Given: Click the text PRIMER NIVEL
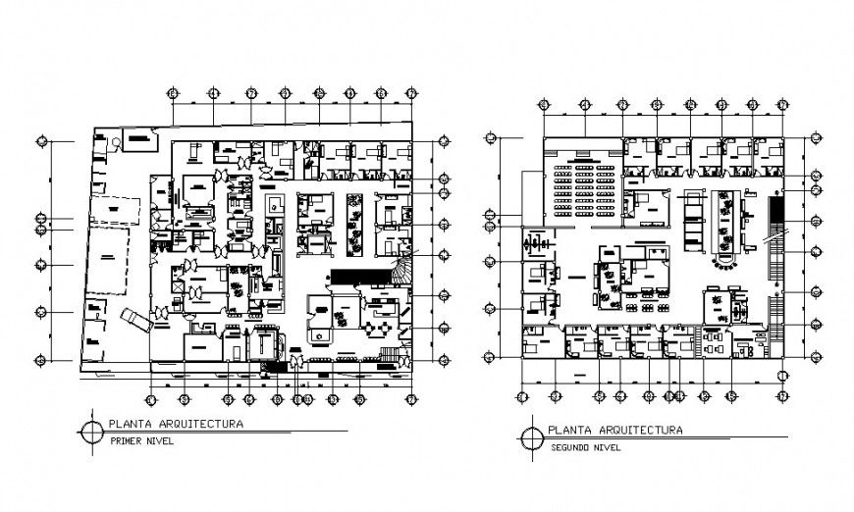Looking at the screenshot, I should click(x=136, y=441).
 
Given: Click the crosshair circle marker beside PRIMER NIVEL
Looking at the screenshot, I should click(x=91, y=432).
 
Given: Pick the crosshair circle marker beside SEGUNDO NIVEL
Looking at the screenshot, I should click(x=531, y=436).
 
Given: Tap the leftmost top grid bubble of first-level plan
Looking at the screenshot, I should click(x=173, y=93).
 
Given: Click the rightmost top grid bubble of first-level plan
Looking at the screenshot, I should click(x=410, y=93).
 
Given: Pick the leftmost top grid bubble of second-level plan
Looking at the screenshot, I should click(x=543, y=103).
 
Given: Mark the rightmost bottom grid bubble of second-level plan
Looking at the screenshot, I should click(x=782, y=396).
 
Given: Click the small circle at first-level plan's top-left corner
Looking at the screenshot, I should click(x=116, y=142).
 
